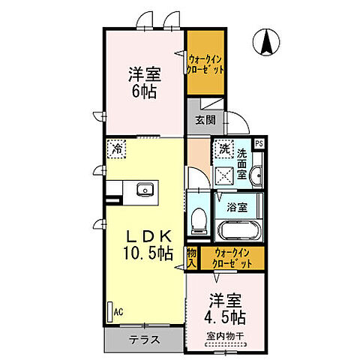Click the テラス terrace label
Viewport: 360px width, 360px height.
[x=145, y=338]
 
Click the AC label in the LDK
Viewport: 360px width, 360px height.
[x=118, y=309]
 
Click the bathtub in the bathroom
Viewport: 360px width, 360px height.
[x=237, y=231]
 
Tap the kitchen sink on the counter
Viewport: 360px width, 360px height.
[x=144, y=190]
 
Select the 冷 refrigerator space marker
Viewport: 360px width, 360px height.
[x=116, y=148]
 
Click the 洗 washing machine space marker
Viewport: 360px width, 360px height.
[x=224, y=149]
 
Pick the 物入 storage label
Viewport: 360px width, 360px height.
[x=191, y=257]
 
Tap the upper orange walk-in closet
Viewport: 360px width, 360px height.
[x=207, y=63]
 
